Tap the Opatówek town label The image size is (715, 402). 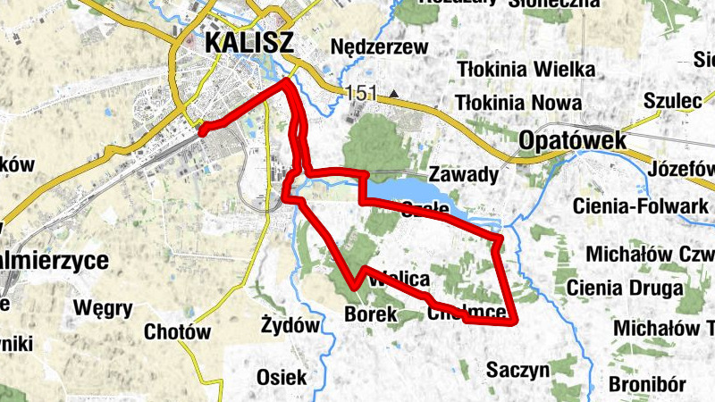tap(569, 142)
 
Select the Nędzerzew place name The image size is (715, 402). tap(373, 47)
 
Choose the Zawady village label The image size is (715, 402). tap(462, 174)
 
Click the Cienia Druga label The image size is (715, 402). tap(626, 289)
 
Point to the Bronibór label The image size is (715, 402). tap(646, 385)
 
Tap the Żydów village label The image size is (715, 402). tap(290, 325)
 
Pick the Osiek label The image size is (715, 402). tap(282, 376)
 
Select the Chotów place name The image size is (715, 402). tap(179, 332)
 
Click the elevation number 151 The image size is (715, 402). tap(363, 94)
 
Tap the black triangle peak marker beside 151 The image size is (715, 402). tap(393, 93)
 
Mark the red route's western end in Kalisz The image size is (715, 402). tap(203, 131)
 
